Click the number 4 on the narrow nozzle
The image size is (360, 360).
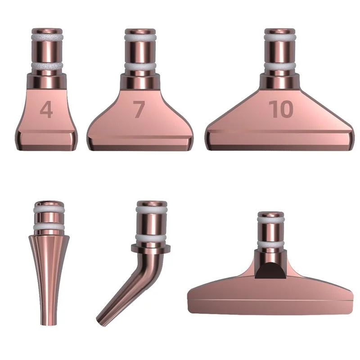coord(46,110)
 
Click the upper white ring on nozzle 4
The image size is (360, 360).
coord(47,38)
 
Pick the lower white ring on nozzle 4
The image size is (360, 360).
coord(47,67)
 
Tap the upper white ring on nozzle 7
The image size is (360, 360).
coord(140,38)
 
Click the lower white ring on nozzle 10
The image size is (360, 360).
coord(280,66)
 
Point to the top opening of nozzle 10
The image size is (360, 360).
coord(280,31)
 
